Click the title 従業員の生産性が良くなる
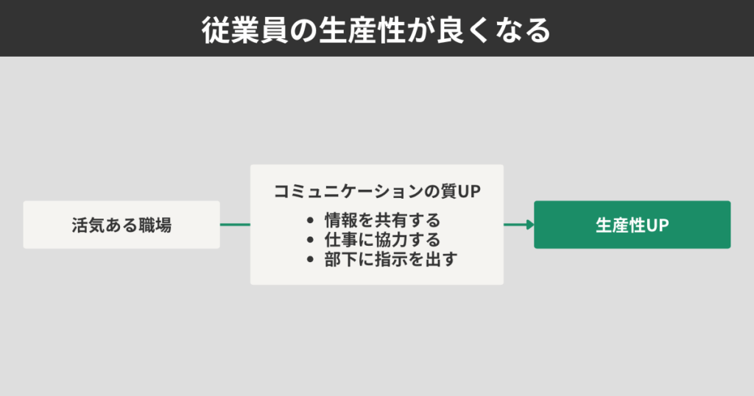(x=376, y=29)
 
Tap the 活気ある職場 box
(x=121, y=225)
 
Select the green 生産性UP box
(x=632, y=225)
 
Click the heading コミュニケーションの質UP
(x=376, y=192)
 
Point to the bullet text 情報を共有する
(x=382, y=220)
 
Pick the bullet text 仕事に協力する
(x=382, y=240)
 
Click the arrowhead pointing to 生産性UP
(x=529, y=225)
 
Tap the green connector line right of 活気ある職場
(x=235, y=225)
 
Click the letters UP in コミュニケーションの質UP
(x=469, y=192)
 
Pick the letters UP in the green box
(x=658, y=225)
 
